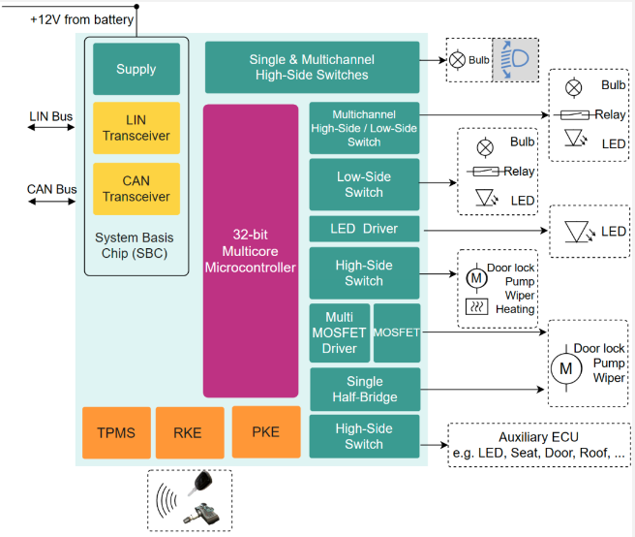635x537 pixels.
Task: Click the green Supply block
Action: tap(136, 69)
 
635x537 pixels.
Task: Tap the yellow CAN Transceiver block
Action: tap(136, 189)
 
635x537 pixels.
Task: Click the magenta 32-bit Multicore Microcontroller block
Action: tap(251, 251)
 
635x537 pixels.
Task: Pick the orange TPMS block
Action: tap(116, 432)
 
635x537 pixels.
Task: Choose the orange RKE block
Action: tap(188, 432)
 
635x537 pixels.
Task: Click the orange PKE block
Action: tap(266, 432)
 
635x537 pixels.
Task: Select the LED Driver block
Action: tap(364, 230)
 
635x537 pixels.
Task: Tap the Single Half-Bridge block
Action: tap(364, 390)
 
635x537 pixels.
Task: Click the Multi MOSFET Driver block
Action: tap(340, 332)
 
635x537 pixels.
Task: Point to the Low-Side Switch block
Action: tap(364, 184)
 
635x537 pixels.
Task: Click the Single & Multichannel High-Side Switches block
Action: tap(312, 67)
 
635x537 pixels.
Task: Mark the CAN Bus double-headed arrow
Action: tap(51, 202)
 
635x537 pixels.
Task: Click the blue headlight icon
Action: tap(515, 60)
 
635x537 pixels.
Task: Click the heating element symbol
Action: tap(476, 307)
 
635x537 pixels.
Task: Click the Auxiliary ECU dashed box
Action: tap(538, 445)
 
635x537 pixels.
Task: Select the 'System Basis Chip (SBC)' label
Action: tap(136, 246)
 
